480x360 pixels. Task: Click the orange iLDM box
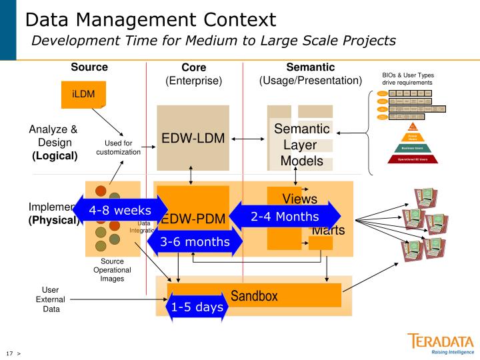[83, 94]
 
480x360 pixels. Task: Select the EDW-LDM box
[193, 139]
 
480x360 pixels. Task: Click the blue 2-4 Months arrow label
[285, 216]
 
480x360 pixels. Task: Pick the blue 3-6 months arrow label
[195, 241]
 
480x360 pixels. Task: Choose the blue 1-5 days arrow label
[197, 307]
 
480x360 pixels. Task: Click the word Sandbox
[254, 296]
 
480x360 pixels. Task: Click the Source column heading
[89, 67]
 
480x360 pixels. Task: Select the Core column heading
[193, 67]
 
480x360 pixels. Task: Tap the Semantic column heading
[310, 67]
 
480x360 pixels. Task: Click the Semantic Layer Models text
[302, 145]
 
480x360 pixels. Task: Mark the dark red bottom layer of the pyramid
[412, 159]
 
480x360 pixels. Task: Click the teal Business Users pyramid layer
[412, 148]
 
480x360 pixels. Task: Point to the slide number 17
[9, 352]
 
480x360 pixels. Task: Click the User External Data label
[51, 299]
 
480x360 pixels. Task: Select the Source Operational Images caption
[111, 270]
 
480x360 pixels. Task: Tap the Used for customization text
[119, 147]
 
